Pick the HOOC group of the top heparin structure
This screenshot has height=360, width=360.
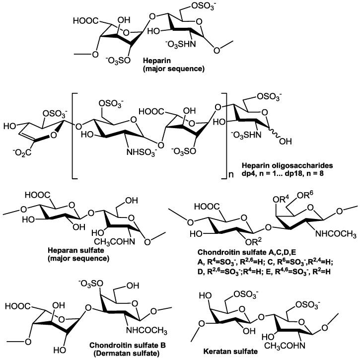click(x=85, y=21)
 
